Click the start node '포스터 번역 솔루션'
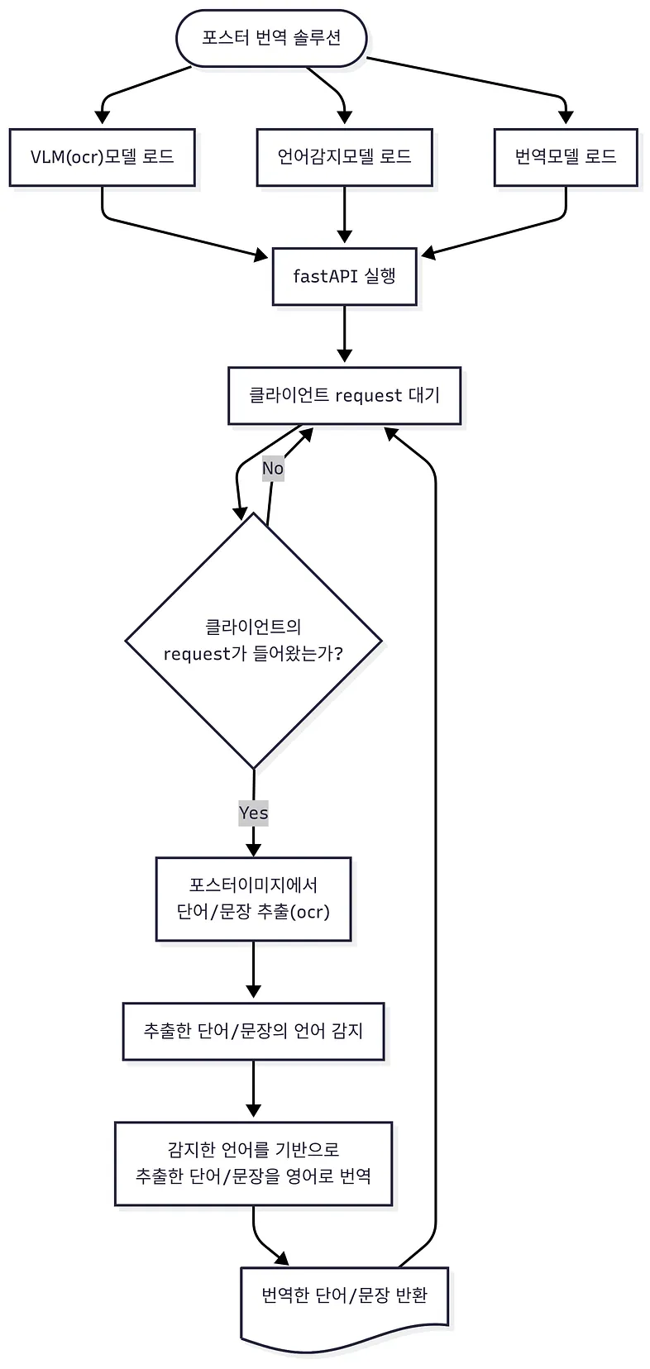tap(271, 38)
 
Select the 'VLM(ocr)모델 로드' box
tap(103, 157)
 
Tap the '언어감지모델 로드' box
tap(344, 157)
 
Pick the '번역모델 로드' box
tap(566, 157)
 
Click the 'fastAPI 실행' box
tap(344, 276)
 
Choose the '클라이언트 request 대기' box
tap(344, 395)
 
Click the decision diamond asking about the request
tap(253, 641)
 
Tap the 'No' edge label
tap(273, 469)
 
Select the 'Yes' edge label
tap(253, 813)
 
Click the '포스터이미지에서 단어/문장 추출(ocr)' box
tap(253, 899)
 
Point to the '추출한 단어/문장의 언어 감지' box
tap(253, 1031)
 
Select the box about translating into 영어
tap(253, 1162)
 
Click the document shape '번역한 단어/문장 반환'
tap(344, 1295)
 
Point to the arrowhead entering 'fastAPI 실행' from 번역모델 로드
tap(428, 251)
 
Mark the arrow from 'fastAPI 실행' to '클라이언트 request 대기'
tap(344, 336)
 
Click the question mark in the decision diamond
tap(337, 653)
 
